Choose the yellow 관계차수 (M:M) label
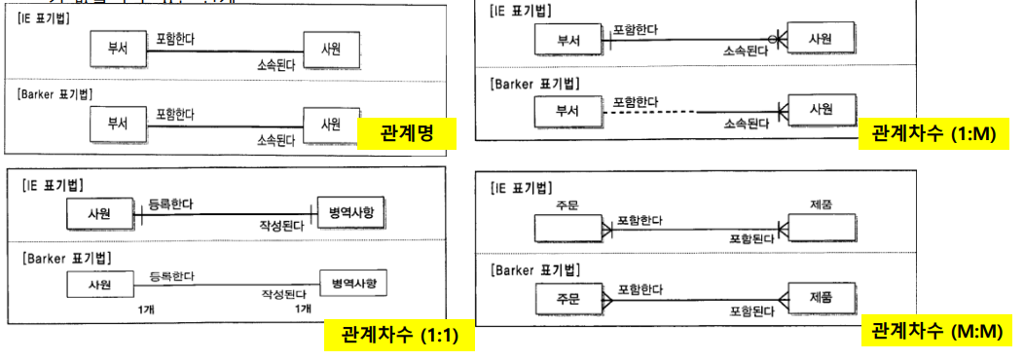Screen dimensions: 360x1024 coord(935,330)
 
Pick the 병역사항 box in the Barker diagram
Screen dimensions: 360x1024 coord(352,284)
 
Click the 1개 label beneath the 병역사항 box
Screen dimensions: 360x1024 coord(302,308)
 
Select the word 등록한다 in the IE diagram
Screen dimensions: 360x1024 coord(170,205)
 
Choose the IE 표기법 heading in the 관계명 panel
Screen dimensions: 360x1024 coord(50,17)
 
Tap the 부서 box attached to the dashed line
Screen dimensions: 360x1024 coord(567,112)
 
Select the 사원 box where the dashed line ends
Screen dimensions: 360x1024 coord(822,110)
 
